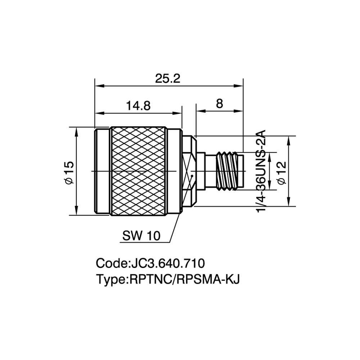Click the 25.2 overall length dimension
tap(168, 78)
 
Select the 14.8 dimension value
tap(138, 106)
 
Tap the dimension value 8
tap(220, 104)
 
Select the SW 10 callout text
tap(141, 235)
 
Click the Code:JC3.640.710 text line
tap(150, 264)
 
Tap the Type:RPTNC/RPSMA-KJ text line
tap(168, 279)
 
